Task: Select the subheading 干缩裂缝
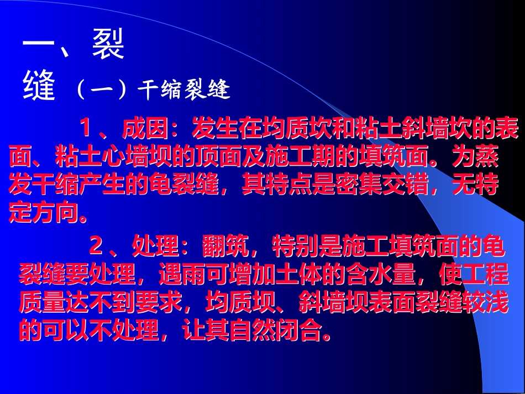(x=183, y=90)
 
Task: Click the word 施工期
(x=298, y=158)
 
